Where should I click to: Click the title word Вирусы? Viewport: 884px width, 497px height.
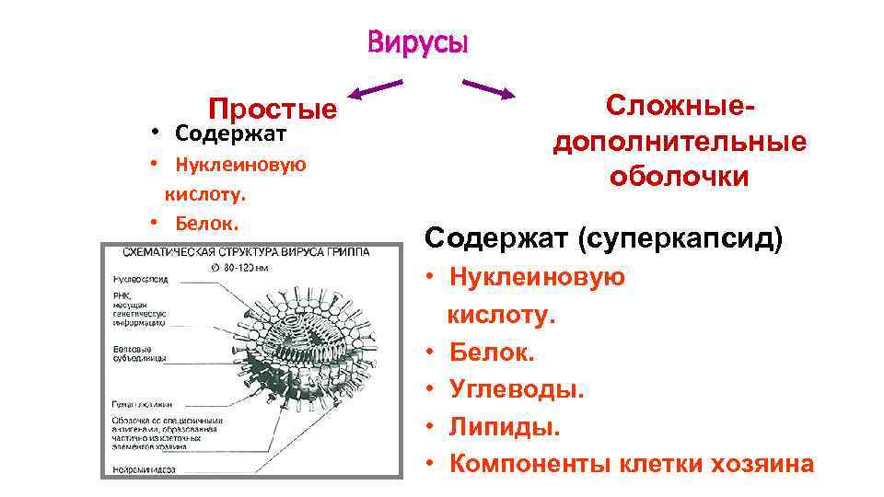point(417,42)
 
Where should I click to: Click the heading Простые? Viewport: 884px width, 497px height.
point(273,110)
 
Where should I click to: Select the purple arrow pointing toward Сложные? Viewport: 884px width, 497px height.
point(488,89)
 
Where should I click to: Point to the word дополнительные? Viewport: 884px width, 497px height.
point(679,142)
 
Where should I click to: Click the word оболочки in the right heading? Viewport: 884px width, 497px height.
point(679,176)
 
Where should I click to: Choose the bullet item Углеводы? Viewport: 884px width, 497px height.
point(517,388)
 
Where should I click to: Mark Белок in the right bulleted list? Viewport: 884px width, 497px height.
point(493,351)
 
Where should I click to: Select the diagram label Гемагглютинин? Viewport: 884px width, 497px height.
point(139,403)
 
